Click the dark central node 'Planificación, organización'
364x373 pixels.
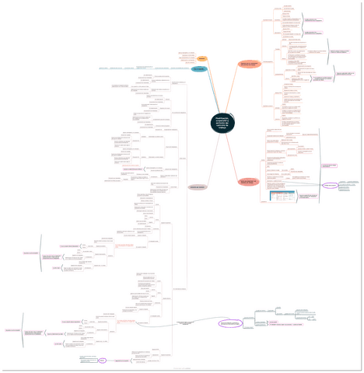(x=222, y=120)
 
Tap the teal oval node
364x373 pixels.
(x=199, y=70)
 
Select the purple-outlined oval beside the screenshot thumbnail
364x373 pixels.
(x=331, y=186)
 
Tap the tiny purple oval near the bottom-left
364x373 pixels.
(x=102, y=360)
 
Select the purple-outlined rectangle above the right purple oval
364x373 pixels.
(x=329, y=166)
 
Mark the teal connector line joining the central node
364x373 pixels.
(x=211, y=93)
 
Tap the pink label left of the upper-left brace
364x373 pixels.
(x=30, y=253)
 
